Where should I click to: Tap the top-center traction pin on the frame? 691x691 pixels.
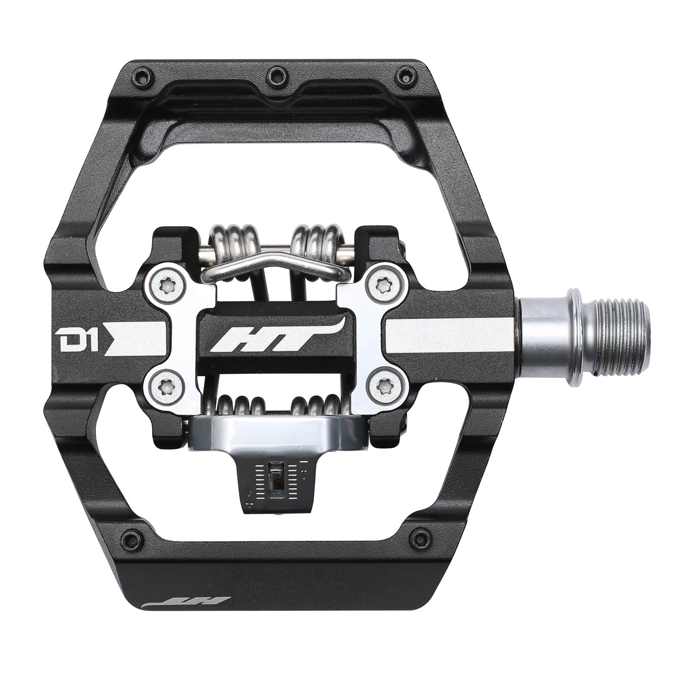click(275, 76)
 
